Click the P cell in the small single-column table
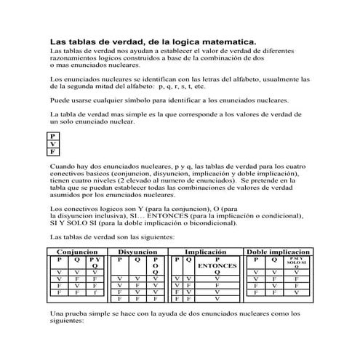[x=53, y=136]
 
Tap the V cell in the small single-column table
[x=53, y=144]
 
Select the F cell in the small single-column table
[x=53, y=152]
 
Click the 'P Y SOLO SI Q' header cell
[x=296, y=262]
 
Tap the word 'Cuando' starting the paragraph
[x=64, y=167]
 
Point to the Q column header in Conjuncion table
[x=77, y=259]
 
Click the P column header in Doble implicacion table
[x=256, y=259]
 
